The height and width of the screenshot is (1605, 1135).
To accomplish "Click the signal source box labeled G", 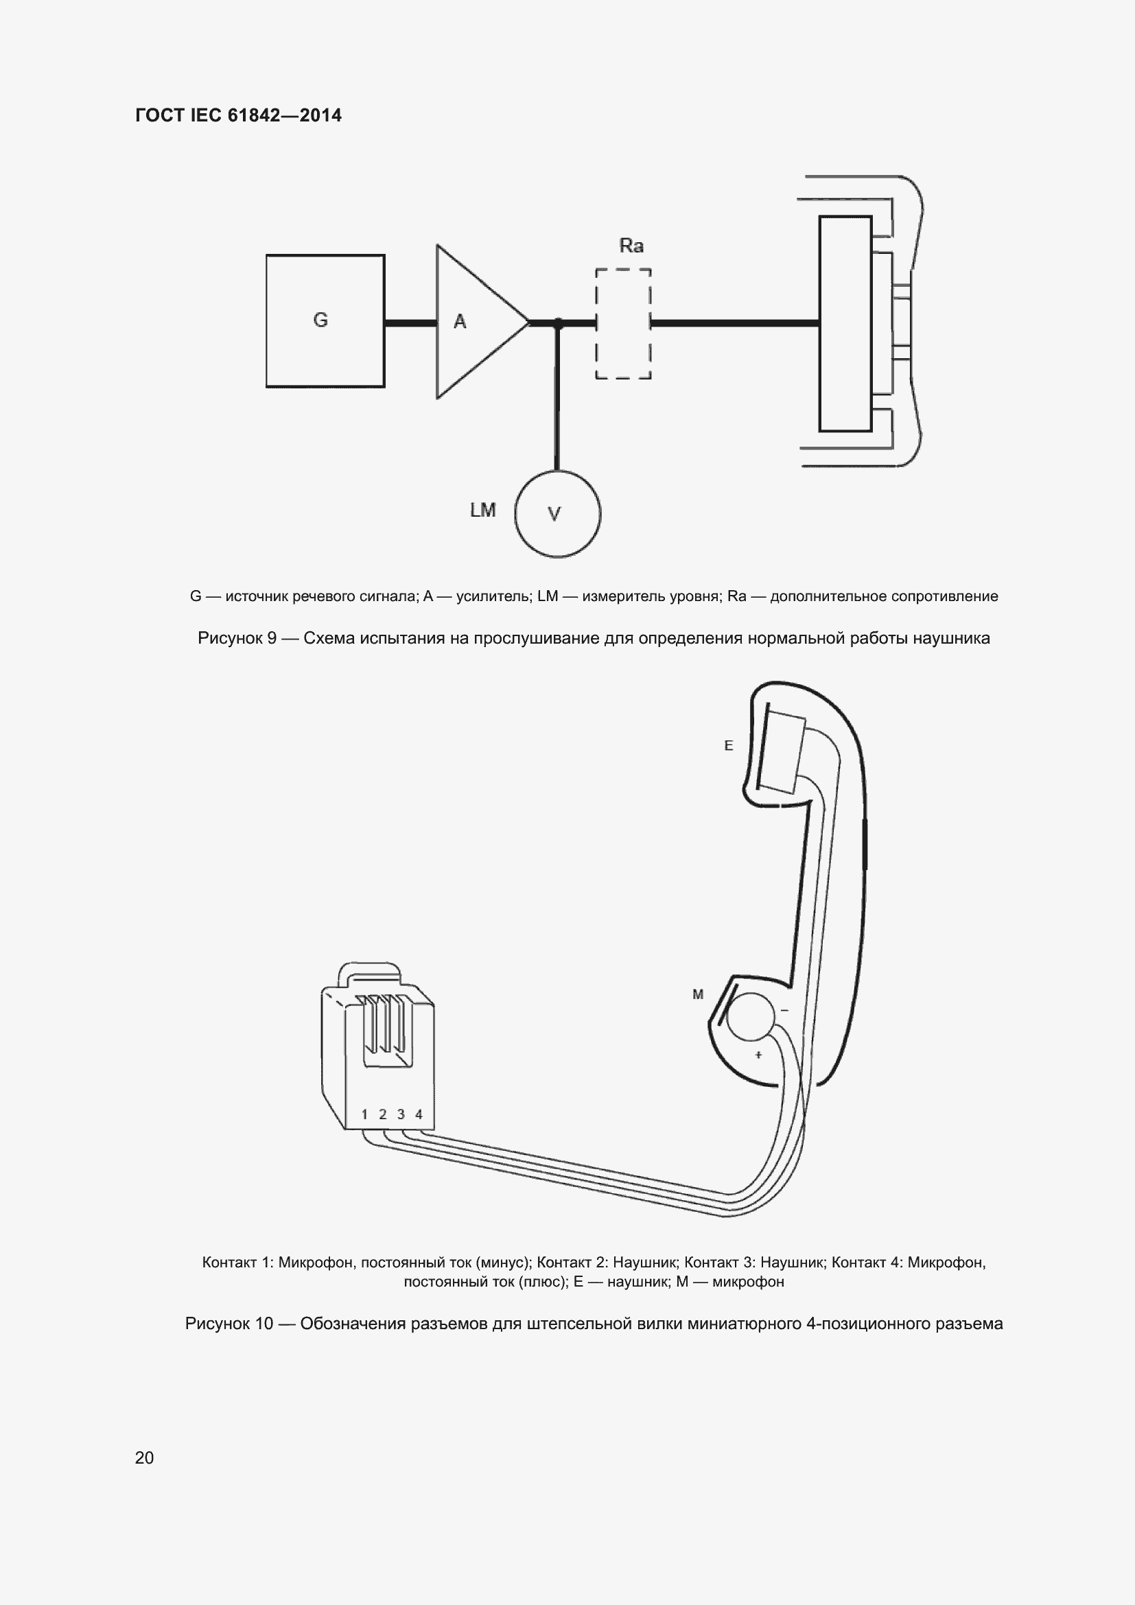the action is click(x=325, y=321).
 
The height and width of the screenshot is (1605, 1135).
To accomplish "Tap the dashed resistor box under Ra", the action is click(x=623, y=324).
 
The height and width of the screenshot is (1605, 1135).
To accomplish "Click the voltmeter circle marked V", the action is click(x=557, y=514).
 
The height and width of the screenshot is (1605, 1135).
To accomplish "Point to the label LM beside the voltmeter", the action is click(x=483, y=511).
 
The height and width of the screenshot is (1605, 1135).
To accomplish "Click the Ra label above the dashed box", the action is click(x=631, y=246).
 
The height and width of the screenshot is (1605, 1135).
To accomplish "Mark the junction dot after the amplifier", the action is click(x=558, y=323).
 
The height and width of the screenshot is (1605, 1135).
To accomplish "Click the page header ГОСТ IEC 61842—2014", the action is click(x=238, y=115).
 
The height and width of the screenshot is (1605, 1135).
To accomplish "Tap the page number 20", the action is click(x=144, y=1457).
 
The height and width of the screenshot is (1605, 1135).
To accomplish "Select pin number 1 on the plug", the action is click(x=365, y=1114).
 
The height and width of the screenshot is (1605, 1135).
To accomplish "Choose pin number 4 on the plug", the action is click(x=419, y=1114).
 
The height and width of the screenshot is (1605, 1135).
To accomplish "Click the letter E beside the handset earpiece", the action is click(x=728, y=746).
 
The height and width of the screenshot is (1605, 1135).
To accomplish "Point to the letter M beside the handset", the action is click(x=697, y=994).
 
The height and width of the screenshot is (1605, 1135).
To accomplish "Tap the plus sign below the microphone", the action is click(x=758, y=1055).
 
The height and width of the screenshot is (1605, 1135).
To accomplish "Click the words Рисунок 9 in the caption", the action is click(x=237, y=638).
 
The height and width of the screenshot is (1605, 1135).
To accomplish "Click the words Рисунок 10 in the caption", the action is click(x=229, y=1324).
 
